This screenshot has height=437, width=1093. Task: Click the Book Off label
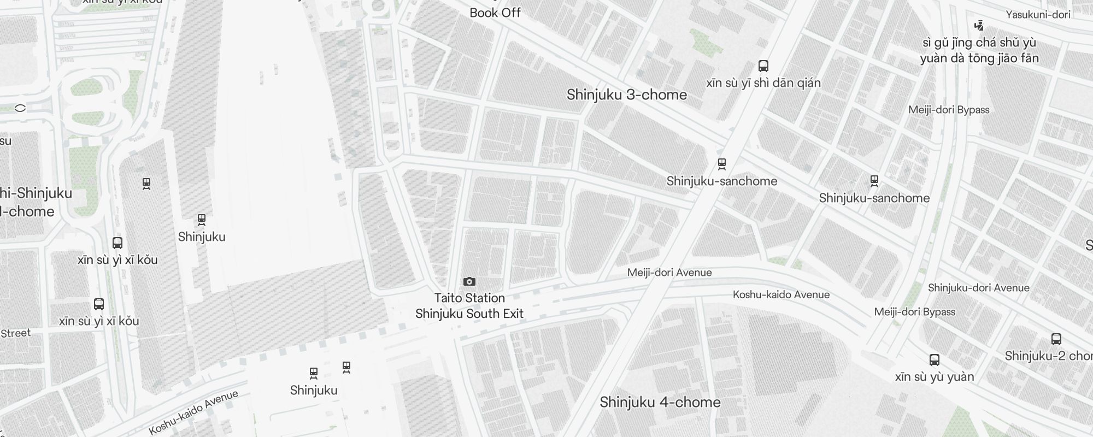pyautogui.click(x=495, y=13)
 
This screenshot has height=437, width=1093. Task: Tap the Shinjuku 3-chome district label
pyautogui.click(x=627, y=95)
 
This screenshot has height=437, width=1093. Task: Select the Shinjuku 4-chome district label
pyautogui.click(x=660, y=403)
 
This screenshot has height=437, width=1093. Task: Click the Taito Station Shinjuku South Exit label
pyautogui.click(x=469, y=306)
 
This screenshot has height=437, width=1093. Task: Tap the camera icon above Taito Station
pyautogui.click(x=469, y=282)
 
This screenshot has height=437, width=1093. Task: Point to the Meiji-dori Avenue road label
pyautogui.click(x=669, y=273)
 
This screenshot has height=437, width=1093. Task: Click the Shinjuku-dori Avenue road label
pyautogui.click(x=978, y=288)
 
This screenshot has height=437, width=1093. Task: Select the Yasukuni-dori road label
pyautogui.click(x=1038, y=15)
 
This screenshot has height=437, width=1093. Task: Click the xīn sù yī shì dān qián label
pyautogui.click(x=763, y=83)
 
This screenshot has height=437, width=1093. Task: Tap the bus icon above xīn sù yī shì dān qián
pyautogui.click(x=763, y=66)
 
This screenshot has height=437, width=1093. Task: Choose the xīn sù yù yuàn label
pyautogui.click(x=935, y=377)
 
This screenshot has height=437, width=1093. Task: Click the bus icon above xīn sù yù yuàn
pyautogui.click(x=935, y=360)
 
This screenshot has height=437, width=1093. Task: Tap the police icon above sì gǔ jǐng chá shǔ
pyautogui.click(x=979, y=25)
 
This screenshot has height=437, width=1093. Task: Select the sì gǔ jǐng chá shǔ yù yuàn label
pyautogui.click(x=979, y=50)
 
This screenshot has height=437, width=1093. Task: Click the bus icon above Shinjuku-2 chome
pyautogui.click(x=1056, y=339)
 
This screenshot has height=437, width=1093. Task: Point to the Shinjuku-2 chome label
pyautogui.click(x=1048, y=356)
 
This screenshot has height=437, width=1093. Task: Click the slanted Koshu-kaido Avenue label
pyautogui.click(x=193, y=412)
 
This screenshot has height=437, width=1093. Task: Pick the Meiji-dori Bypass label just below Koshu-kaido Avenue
pyautogui.click(x=915, y=312)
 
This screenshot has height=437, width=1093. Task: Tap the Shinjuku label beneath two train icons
pyautogui.click(x=314, y=391)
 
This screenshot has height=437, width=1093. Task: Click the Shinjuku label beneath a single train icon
pyautogui.click(x=202, y=237)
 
